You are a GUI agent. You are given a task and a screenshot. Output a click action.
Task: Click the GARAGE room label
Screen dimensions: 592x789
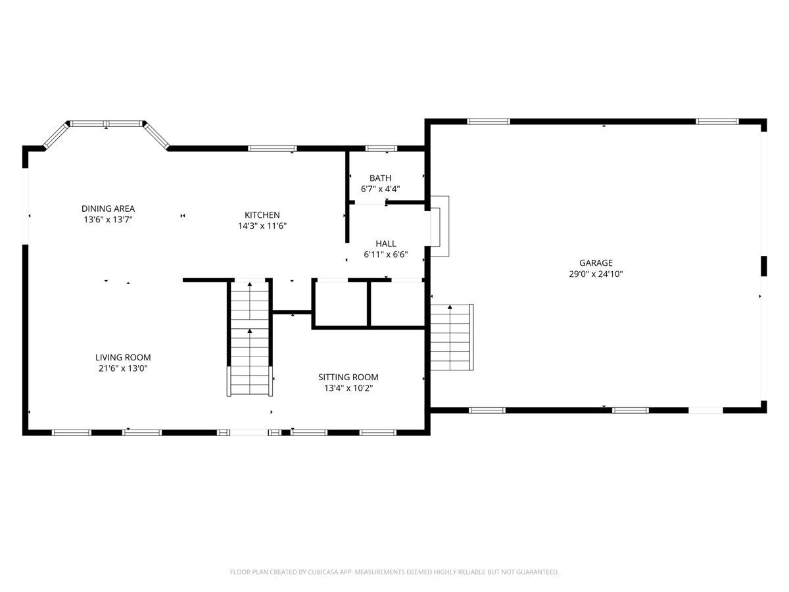596,262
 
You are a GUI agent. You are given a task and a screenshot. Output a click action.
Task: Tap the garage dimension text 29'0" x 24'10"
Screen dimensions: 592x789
596,274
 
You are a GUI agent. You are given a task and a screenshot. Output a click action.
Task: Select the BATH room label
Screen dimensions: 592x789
380,178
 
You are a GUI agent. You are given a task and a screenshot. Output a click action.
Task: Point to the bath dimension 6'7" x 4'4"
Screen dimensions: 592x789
380,189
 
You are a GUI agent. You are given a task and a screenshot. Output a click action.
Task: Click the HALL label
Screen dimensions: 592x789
386,243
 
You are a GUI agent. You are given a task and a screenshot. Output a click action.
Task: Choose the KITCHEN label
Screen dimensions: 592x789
262,214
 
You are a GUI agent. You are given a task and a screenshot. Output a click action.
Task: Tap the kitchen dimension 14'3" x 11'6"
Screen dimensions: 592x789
262,226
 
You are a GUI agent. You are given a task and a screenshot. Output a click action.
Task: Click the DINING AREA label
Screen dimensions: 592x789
108,209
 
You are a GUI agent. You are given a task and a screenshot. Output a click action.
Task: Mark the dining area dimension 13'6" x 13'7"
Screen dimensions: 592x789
108,220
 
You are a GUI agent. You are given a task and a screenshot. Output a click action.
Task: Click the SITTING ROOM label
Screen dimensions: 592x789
348,377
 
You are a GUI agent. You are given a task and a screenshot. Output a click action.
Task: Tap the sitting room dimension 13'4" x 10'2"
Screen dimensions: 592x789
348,388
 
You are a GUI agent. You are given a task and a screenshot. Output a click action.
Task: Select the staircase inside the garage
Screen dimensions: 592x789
451,337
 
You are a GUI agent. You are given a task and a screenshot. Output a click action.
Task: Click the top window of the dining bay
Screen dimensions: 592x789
107,123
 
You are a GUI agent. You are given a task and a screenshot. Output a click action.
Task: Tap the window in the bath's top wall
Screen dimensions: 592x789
381,148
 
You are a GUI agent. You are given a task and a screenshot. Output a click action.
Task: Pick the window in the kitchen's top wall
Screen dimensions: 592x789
272,148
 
